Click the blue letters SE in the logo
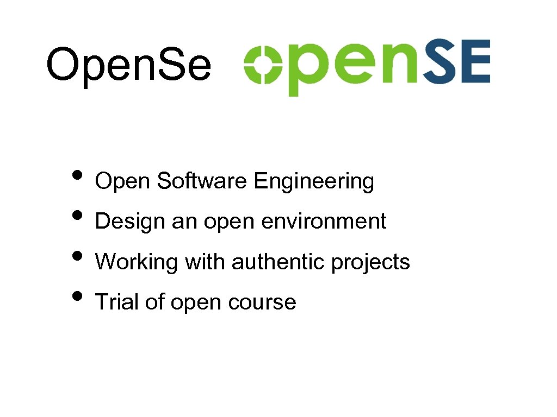pyautogui.click(x=457, y=62)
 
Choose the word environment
pyautogui.click(x=324, y=222)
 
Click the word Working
pyautogui.click(x=137, y=263)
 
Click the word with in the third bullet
pyautogui.click(x=205, y=262)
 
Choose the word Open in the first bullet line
pyautogui.click(x=122, y=182)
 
